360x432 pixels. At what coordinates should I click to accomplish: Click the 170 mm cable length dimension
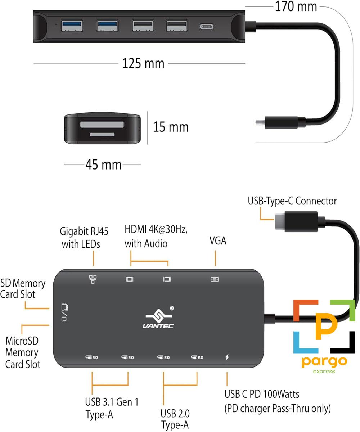coord(296,6)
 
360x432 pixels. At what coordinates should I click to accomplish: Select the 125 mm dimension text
coord(143,63)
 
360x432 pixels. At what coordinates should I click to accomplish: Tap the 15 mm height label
coord(171,127)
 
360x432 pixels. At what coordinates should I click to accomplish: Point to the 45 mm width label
coord(103,165)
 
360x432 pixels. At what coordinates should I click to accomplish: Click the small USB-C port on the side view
coord(206,27)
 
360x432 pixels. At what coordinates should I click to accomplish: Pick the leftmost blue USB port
coord(72,26)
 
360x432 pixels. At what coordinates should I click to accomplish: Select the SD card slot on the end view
coord(102,125)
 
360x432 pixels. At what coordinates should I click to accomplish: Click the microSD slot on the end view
coord(102,135)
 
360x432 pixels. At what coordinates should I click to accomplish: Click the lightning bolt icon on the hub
coord(227,357)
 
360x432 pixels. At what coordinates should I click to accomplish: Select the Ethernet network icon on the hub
coord(93,279)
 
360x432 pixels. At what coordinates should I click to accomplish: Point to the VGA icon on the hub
coord(215,279)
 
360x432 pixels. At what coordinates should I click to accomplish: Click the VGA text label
coord(218,240)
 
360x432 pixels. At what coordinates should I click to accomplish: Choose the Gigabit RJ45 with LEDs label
coord(84,238)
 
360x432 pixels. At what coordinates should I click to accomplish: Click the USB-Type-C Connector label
coord(292,201)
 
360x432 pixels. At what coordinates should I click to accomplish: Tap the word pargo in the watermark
coord(324,362)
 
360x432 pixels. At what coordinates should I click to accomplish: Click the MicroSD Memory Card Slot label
coord(22,352)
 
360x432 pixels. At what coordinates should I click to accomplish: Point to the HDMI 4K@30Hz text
coord(156,229)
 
